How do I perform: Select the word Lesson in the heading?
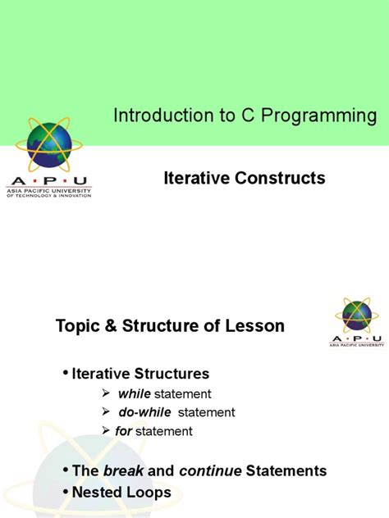pyautogui.click(x=254, y=326)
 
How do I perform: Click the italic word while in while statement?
pyautogui.click(x=134, y=393)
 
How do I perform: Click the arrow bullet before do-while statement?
pyautogui.click(x=106, y=412)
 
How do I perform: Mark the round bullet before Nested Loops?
pyautogui.click(x=66, y=492)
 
